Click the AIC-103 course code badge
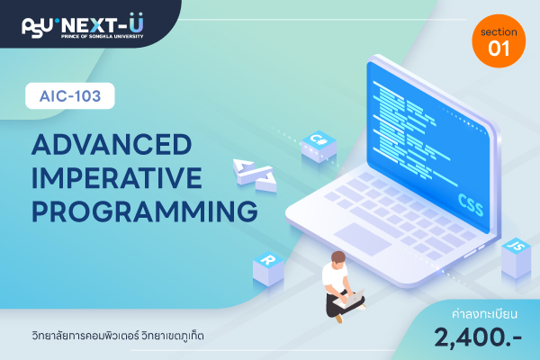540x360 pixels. click(70, 95)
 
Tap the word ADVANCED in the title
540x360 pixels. click(112, 144)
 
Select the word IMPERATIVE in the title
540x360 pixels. click(117, 177)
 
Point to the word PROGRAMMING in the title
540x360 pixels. click(145, 211)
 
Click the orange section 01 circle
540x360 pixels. click(499, 41)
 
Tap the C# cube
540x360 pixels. click(319, 147)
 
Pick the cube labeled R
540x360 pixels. click(268, 269)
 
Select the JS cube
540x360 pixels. click(517, 257)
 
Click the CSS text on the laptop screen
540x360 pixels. click(471, 204)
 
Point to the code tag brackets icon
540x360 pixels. click(255, 175)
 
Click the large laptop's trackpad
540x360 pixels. click(363, 239)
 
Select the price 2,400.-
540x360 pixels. click(478, 337)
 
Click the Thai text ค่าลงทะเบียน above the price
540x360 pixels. click(484, 314)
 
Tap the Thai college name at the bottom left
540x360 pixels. click(118, 335)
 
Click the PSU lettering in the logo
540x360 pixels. click(37, 28)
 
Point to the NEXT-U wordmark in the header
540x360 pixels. click(103, 23)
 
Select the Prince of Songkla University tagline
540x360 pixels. click(103, 36)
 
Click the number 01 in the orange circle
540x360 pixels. click(499, 49)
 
